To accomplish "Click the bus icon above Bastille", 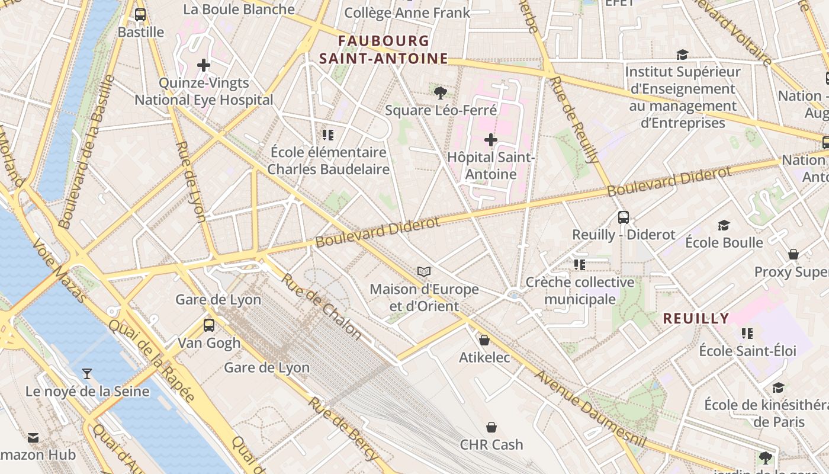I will pyautogui.click(x=140, y=15).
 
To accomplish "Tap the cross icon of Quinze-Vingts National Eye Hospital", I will pyautogui.click(x=204, y=65).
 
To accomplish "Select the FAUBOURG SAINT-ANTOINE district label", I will pyautogui.click(x=383, y=50).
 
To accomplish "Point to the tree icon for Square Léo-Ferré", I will pyautogui.click(x=440, y=92).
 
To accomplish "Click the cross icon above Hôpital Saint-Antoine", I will pyautogui.click(x=490, y=140).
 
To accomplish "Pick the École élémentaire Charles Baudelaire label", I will pyautogui.click(x=328, y=161).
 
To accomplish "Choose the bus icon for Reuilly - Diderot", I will pyautogui.click(x=623, y=217).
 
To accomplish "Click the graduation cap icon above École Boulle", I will pyautogui.click(x=724, y=225).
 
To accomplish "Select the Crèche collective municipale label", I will pyautogui.click(x=580, y=291).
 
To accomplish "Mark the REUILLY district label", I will pyautogui.click(x=696, y=318).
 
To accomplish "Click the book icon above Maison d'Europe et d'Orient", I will pyautogui.click(x=423, y=272).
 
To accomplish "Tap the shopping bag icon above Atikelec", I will pyautogui.click(x=484, y=340).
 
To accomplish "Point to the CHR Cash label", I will pyautogui.click(x=491, y=444).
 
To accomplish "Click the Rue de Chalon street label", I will pyautogui.click(x=321, y=306).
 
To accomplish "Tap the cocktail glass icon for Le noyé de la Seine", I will pyautogui.click(x=87, y=374).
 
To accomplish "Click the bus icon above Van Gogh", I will pyautogui.click(x=209, y=325).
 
